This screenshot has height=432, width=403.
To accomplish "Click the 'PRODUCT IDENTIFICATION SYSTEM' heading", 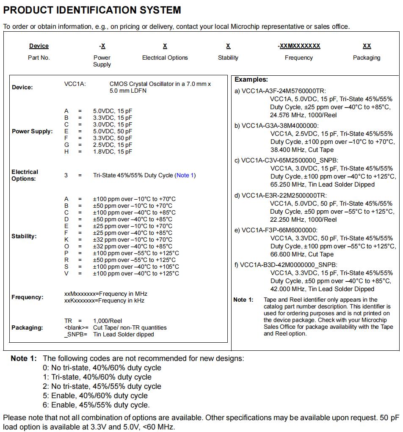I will coord(92,10).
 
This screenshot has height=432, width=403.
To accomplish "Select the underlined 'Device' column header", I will coord(39,46).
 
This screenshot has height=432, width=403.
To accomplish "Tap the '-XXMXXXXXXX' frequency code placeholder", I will coord(299,46).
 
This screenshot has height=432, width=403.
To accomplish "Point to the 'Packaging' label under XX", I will coord(367,58).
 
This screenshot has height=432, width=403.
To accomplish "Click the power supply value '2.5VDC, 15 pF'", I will coord(113,145).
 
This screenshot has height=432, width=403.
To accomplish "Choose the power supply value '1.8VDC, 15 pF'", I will coord(113,151).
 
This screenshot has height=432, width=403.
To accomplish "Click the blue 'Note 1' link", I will coord(185,175).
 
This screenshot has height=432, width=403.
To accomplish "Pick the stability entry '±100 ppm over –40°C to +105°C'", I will coord(136,267).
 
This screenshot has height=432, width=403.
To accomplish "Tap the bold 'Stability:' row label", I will coord(24,236).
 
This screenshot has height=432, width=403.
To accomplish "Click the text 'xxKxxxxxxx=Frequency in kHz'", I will coord(104,300).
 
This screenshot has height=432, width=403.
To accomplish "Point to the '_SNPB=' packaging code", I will coord(76,334).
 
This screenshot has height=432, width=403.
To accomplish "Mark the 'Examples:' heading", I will coord(251,80).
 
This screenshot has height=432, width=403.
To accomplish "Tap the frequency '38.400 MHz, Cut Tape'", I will coord(302,150).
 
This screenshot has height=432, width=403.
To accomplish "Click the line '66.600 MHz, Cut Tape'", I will coord(302,254).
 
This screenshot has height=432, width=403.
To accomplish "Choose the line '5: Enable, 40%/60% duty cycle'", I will coord(95,396).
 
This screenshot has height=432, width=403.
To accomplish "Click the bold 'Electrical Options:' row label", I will coord(25,175).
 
